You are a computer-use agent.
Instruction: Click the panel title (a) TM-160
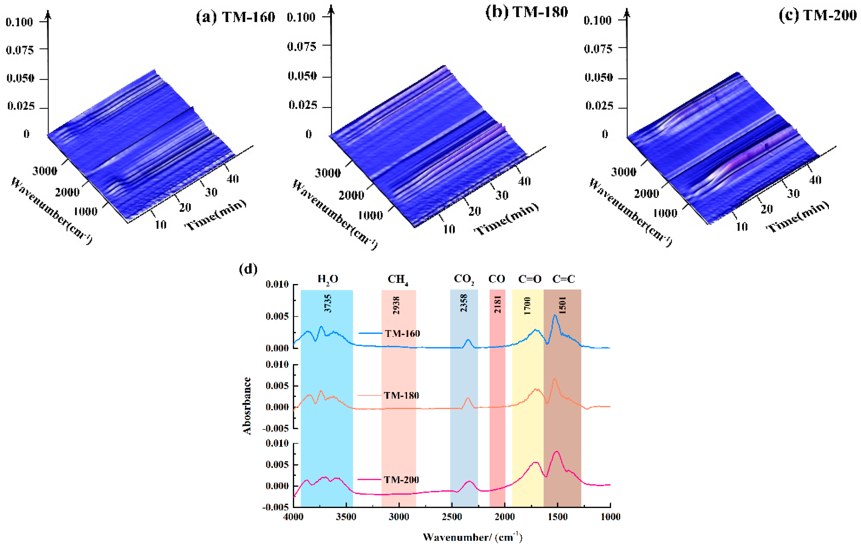point(235,17)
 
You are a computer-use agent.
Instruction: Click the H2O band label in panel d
point(328,279)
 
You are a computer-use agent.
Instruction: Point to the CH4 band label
point(398,279)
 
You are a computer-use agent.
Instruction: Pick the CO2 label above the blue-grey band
point(464,279)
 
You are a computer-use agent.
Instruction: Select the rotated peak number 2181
point(497,304)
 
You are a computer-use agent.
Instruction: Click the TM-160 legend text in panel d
point(402,334)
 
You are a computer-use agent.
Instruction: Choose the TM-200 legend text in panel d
point(401,480)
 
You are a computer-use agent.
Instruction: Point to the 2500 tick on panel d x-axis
point(452,517)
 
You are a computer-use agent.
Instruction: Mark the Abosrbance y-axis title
point(247,406)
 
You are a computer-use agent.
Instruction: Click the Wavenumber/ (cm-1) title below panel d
point(472,537)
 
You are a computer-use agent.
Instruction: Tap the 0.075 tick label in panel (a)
point(20,50)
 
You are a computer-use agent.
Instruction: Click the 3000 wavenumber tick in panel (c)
point(623,172)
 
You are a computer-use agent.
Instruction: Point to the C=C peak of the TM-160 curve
point(555,315)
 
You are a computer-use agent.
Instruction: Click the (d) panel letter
point(248,269)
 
